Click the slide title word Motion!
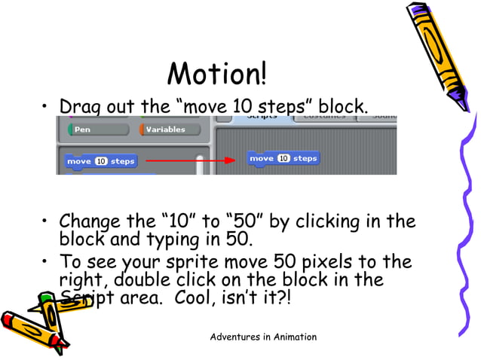pyautogui.click(x=216, y=74)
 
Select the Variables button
pyautogui.click(x=170, y=130)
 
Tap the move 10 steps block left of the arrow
pyautogui.click(x=100, y=161)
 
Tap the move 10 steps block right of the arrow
pyautogui.click(x=283, y=158)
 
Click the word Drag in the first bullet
pyautogui.click(x=80, y=107)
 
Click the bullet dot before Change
pyautogui.click(x=47, y=222)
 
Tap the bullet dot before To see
pyautogui.click(x=47, y=263)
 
